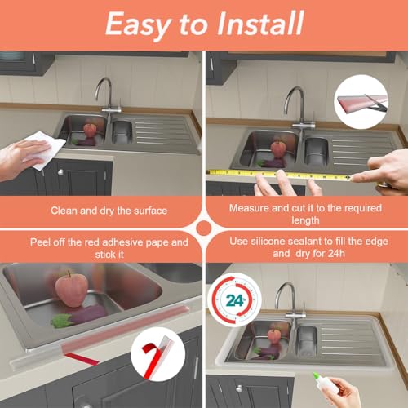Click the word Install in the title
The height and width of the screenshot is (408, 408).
point(260,24)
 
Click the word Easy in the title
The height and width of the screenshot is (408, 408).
point(138,26)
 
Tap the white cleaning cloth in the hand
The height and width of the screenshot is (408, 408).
point(43,149)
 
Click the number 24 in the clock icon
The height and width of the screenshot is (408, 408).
point(234,301)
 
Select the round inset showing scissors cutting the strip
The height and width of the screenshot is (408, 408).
point(361,102)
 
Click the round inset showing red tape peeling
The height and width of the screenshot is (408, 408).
point(157,354)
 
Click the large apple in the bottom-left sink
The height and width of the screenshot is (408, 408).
point(72,289)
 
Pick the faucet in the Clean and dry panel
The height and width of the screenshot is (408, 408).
point(109,95)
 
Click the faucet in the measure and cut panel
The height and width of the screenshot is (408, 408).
point(299,108)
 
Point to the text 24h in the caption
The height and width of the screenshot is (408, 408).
point(336,254)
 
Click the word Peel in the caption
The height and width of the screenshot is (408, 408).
point(40,242)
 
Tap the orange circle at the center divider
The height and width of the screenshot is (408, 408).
point(204,228)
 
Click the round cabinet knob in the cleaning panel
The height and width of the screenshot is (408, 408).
point(60,172)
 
